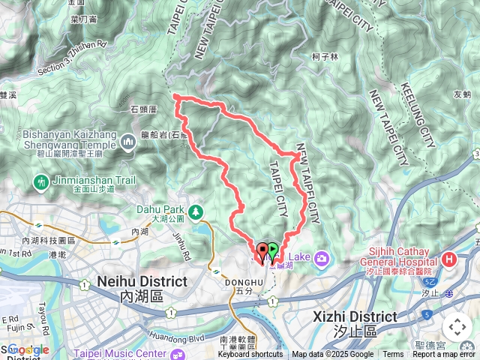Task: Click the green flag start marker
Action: [273, 250]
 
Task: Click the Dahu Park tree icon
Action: [196, 212]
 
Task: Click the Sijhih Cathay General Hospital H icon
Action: [449, 259]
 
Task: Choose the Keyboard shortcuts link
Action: [251, 355]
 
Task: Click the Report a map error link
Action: [445, 355]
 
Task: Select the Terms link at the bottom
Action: [393, 355]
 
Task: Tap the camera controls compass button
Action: [457, 327]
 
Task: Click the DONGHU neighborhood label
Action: [240, 282]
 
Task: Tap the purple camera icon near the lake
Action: [322, 259]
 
